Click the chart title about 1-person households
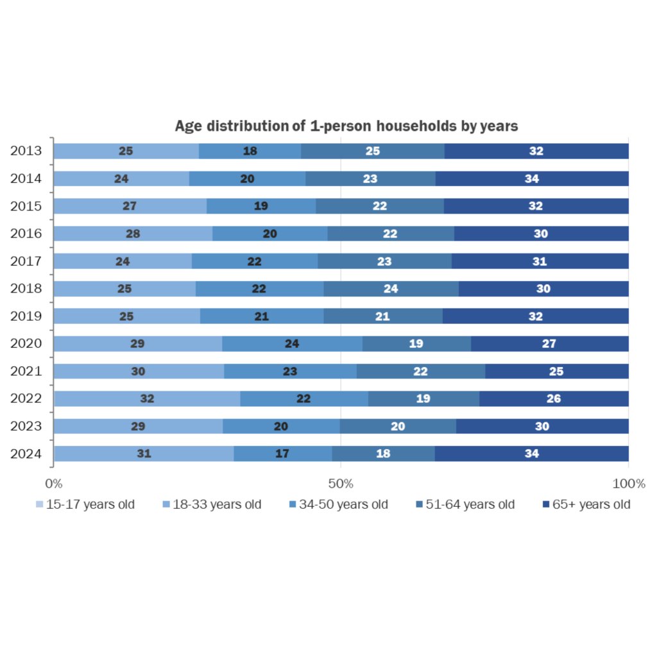[346, 126]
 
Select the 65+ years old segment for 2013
[536, 151]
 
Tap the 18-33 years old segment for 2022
[147, 398]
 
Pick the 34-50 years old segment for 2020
[292, 344]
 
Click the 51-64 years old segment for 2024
[383, 454]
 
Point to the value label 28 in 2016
[133, 234]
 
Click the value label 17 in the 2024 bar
[282, 454]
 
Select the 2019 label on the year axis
[26, 316]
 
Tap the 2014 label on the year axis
[26, 178]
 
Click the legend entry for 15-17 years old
[85, 504]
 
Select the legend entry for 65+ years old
[586, 504]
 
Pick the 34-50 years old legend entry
[339, 504]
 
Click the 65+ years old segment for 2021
[556, 371]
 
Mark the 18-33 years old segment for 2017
[123, 261]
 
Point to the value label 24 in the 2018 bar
[391, 289]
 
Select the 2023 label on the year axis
[26, 425]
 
